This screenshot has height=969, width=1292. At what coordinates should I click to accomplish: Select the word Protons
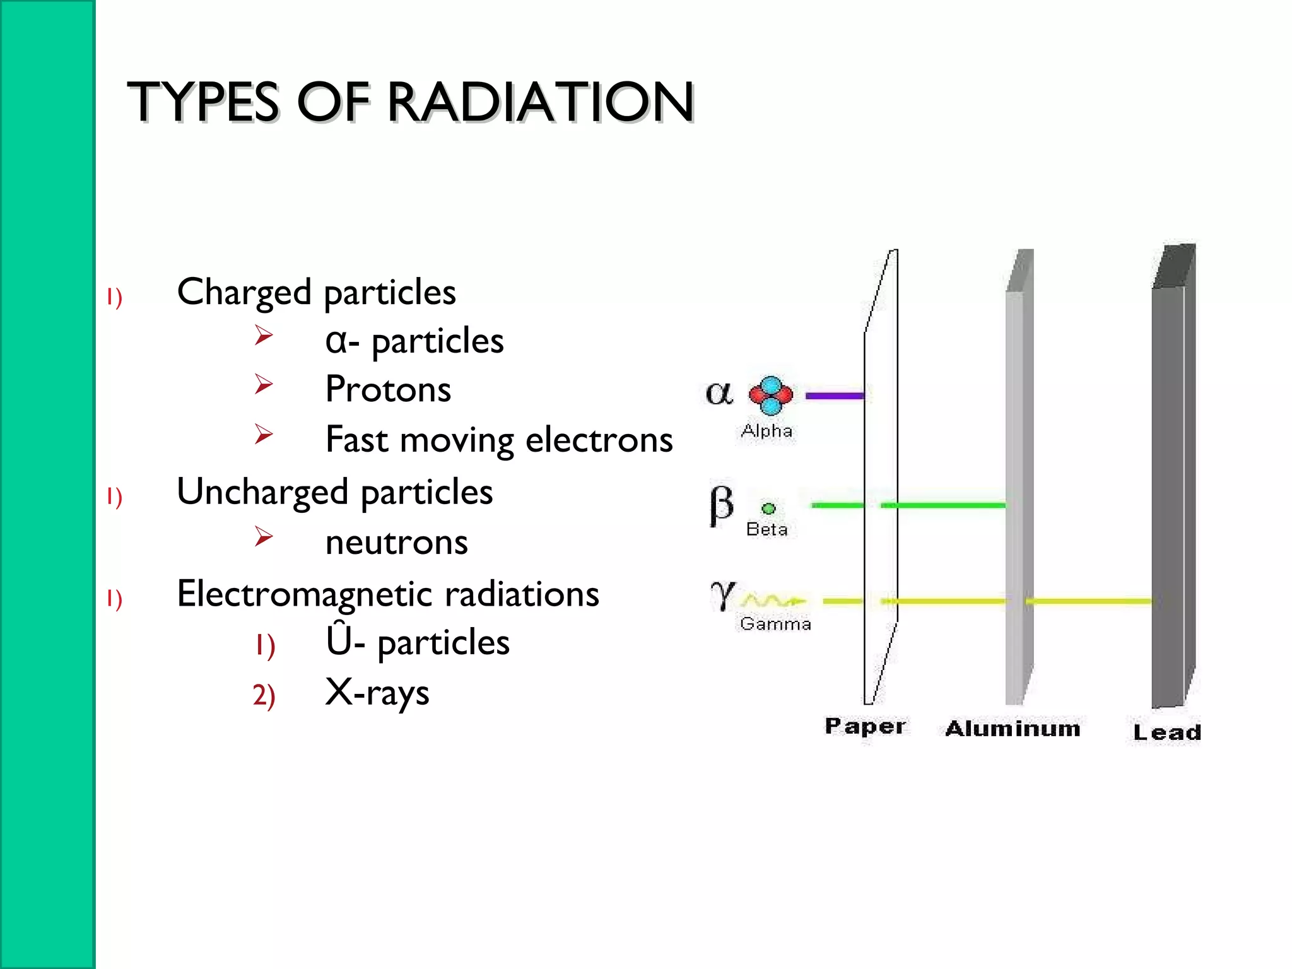(388, 389)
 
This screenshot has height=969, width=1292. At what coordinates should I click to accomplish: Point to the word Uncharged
(262, 493)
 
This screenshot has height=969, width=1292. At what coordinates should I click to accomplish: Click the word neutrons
(396, 543)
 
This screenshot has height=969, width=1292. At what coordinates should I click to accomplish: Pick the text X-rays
(377, 693)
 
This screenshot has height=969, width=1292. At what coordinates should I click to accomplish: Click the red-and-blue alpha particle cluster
(770, 396)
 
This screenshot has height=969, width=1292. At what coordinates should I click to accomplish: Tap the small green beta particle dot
(768, 508)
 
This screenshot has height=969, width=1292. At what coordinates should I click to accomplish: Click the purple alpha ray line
(835, 396)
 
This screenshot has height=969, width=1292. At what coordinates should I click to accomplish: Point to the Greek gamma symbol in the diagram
(722, 595)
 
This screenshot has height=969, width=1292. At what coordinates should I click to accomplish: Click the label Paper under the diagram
(865, 727)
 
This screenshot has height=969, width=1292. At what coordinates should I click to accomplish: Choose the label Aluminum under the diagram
(1013, 729)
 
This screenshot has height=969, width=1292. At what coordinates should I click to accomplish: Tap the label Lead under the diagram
(1166, 732)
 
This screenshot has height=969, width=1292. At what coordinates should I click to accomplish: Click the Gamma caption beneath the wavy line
(775, 624)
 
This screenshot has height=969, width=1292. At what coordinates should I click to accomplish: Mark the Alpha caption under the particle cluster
(766, 432)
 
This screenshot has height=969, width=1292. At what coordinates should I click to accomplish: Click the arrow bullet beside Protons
(264, 384)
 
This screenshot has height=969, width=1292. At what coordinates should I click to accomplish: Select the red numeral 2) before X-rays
(264, 695)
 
